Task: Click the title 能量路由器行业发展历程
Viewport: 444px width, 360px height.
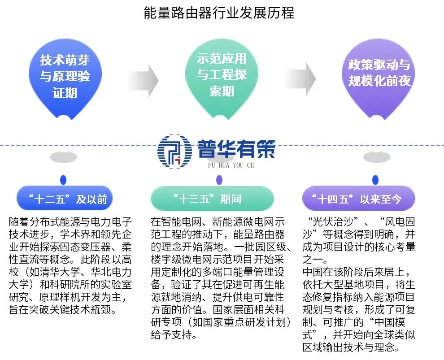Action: [x=219, y=13]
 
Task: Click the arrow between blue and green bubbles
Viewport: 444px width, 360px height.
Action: [x=144, y=80]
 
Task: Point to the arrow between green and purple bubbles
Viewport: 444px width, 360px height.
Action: [x=301, y=79]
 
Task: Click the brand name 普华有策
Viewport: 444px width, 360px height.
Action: [x=235, y=148]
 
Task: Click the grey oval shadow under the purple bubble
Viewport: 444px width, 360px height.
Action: [x=375, y=157]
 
